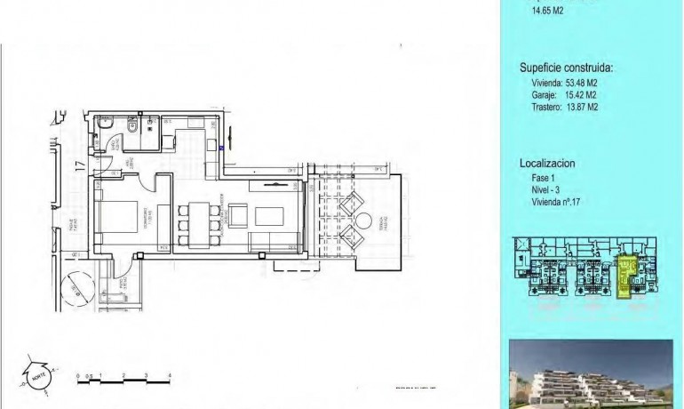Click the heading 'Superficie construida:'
point(566,68)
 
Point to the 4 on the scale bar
point(169,375)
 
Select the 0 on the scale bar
point(79,375)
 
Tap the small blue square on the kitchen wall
point(221,148)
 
